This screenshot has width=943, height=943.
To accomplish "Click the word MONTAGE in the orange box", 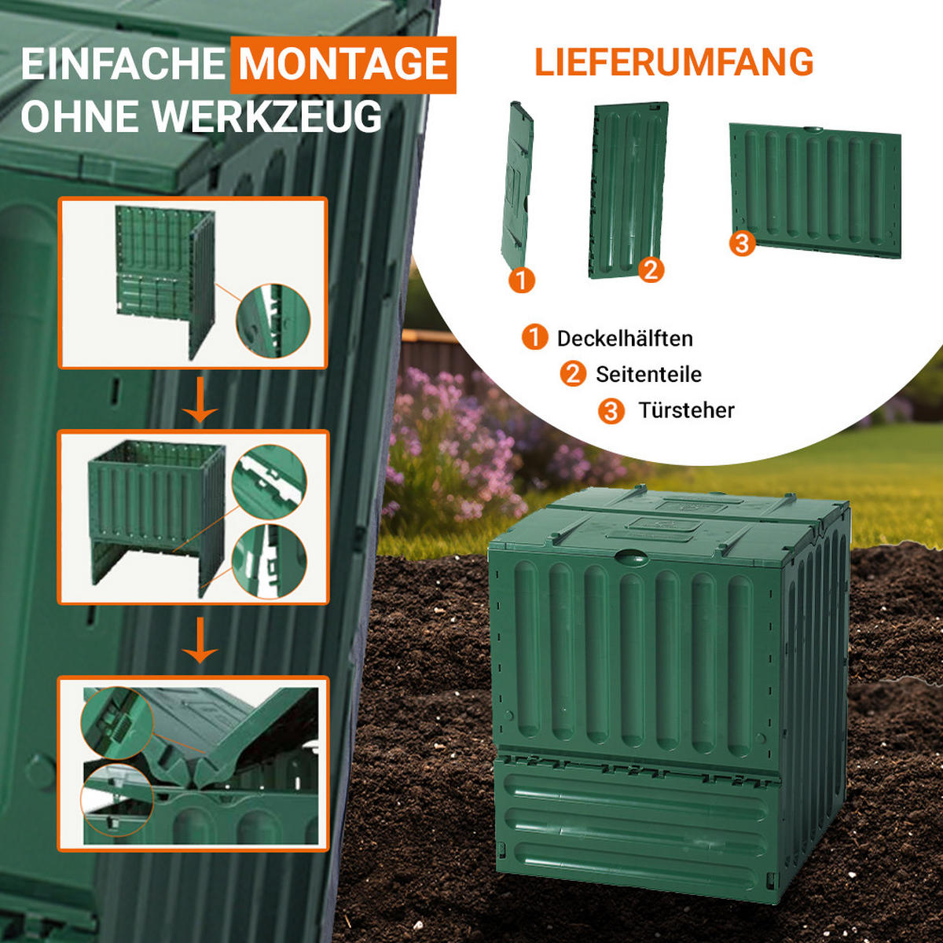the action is coord(343,64).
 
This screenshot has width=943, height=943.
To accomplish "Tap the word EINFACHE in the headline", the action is coord(123,64).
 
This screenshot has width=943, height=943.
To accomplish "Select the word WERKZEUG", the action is coord(267,116).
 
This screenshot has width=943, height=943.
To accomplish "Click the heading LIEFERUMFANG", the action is coord(673,62).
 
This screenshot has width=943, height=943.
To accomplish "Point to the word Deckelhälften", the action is coord(625,339).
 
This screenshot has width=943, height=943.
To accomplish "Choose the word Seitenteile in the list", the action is coord(648,374).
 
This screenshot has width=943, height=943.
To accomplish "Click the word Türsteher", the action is coord(686,410).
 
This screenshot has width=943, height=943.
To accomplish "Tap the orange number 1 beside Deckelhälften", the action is coord(534,338).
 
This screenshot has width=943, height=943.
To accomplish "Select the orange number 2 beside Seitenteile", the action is coord(573,374).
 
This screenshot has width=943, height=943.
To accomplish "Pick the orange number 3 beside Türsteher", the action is coord(611,410).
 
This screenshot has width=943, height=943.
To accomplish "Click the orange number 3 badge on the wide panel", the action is coord(743,243).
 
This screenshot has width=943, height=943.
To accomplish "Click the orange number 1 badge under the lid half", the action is coord(522,280).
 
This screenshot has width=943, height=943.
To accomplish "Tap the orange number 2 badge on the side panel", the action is coord(651,270).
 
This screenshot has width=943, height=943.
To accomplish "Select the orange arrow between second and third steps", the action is coord(200,640).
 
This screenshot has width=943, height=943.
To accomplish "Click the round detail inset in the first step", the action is coord(273,321).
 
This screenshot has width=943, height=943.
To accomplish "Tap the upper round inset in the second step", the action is coord(270,482).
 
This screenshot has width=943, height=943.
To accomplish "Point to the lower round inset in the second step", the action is coord(270,562).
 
